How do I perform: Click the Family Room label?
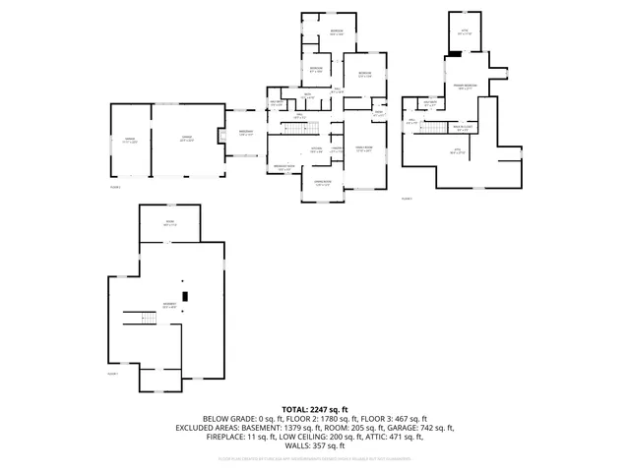pos(363,150)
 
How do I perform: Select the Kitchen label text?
pos(316,150)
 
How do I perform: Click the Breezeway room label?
pos(246,134)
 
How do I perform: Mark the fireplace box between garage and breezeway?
pos(222,134)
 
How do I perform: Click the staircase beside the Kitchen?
pos(299,126)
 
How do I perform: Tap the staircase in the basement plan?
pos(146,317)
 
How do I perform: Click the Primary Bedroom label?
pos(465,88)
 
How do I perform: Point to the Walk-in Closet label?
pos(464,127)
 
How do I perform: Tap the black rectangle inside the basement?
pos(185,295)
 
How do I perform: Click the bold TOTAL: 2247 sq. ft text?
pos(315,408)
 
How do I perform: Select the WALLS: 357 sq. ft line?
pos(315,444)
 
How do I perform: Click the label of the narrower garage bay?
pos(128,140)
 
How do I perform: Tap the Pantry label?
pos(336,150)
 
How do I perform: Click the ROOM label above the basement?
pos(169,225)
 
